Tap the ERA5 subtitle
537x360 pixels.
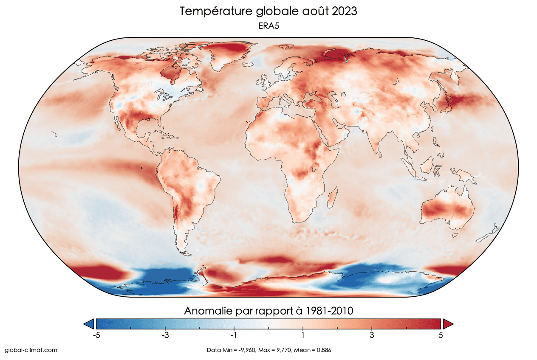pyautogui.click(x=268, y=26)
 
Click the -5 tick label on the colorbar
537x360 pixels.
pyautogui.click(x=96, y=335)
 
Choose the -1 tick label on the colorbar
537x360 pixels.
pyautogui.click(x=233, y=335)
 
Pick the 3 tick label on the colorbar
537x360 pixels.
pyautogui.click(x=372, y=335)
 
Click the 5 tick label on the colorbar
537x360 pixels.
pyautogui.click(x=441, y=335)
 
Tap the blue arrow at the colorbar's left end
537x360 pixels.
pyautogui.click(x=89, y=324)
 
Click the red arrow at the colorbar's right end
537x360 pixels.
pyautogui.click(x=448, y=324)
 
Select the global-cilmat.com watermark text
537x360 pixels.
pyautogui.click(x=31, y=350)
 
